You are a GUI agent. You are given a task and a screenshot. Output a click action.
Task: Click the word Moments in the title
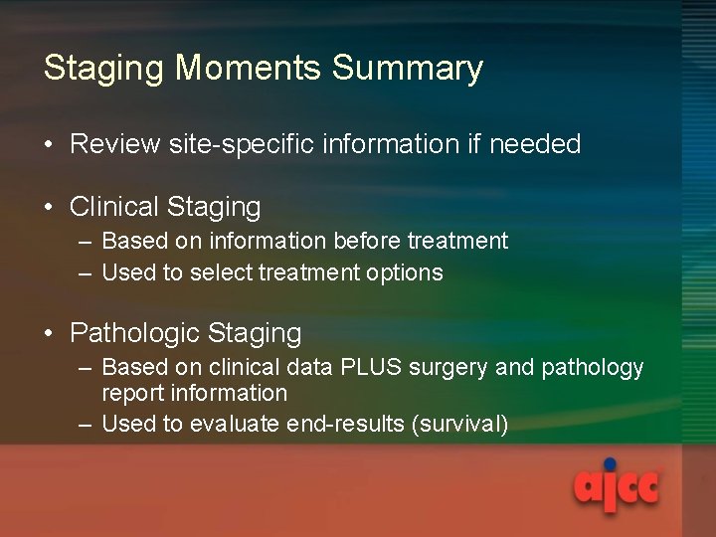(x=251, y=68)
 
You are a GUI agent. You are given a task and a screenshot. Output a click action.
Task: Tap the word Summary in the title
(x=408, y=68)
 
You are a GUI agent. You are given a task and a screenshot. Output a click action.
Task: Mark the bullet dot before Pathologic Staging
(x=50, y=334)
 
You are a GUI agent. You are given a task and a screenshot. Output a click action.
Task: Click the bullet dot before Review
(x=50, y=145)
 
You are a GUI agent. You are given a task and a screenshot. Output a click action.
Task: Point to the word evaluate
(x=233, y=425)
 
